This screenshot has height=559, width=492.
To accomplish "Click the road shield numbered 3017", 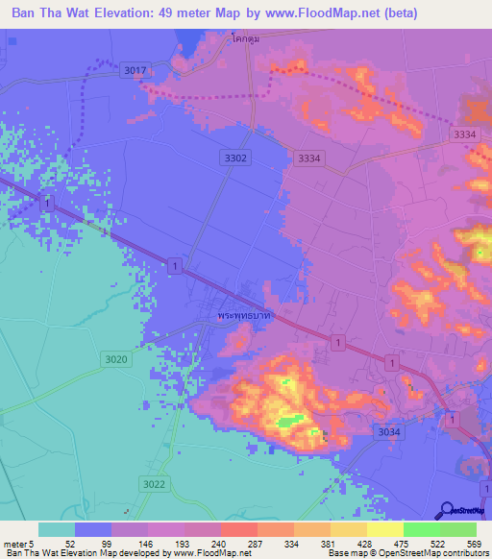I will pos(135,70).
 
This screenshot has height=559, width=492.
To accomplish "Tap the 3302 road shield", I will pos(235,158).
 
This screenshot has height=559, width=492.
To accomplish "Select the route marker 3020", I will pos(113,358).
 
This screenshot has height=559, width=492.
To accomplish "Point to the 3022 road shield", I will pos(152,483).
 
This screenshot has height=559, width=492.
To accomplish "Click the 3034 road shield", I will pos(389,433).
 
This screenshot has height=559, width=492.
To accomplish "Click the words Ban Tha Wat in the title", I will pos(53,12).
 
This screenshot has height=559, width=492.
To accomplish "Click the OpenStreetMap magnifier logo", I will pos(447,510).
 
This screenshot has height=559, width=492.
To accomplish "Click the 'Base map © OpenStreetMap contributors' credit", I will pos(405,553).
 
